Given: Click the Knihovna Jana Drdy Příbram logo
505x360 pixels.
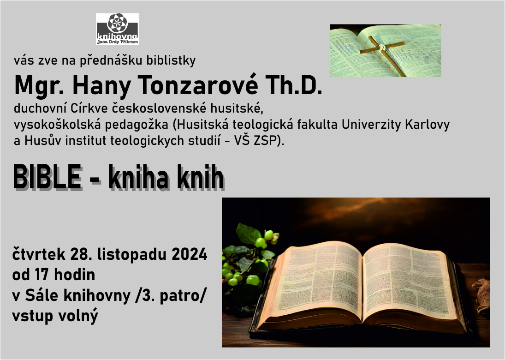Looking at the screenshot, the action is (x=117, y=29).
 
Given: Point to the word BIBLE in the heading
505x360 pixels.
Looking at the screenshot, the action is (x=47, y=177).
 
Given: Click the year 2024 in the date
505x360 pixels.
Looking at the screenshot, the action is (x=190, y=254).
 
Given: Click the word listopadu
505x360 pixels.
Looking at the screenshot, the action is (x=132, y=255).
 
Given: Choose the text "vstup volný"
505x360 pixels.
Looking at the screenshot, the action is (x=55, y=316).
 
